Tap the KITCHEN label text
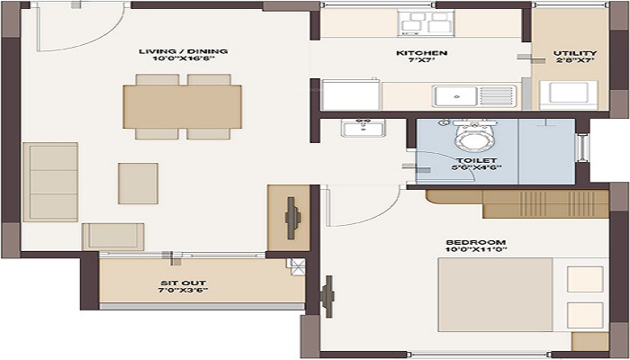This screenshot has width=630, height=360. [422, 53]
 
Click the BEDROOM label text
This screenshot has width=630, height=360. [475, 242]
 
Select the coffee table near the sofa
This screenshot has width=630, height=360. [138, 183]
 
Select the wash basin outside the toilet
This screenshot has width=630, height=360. [363, 128]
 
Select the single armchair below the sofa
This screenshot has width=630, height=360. [112, 237]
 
